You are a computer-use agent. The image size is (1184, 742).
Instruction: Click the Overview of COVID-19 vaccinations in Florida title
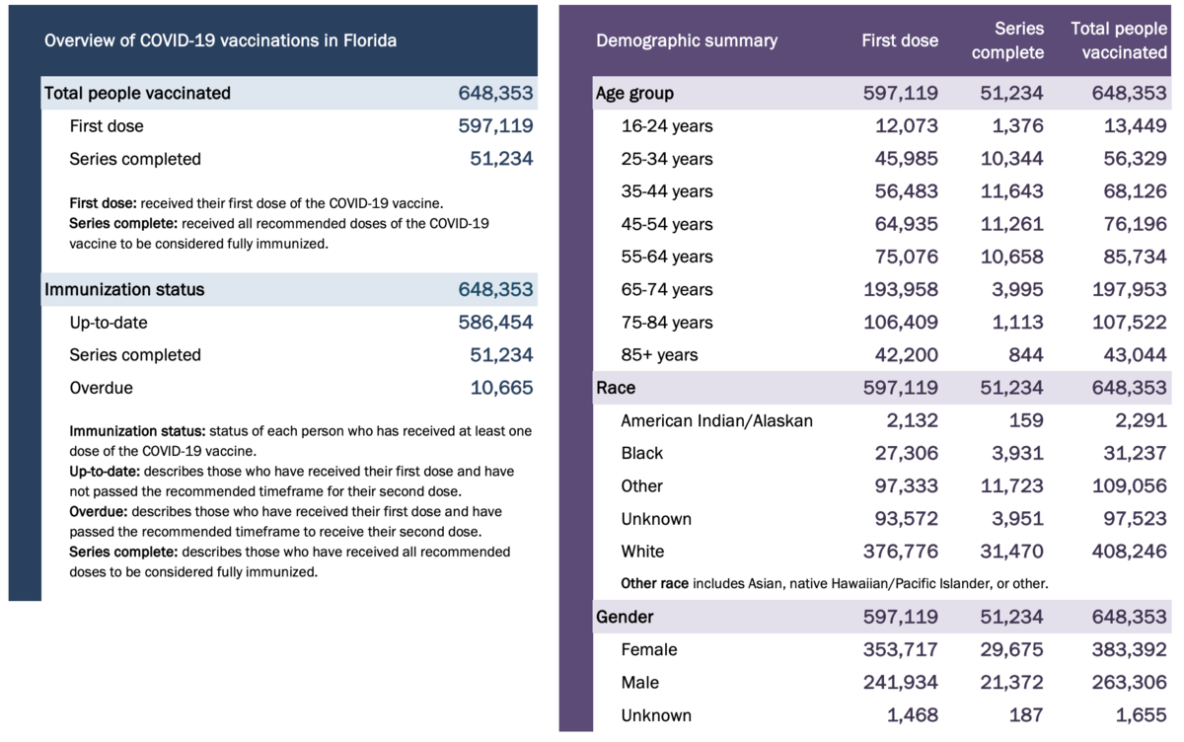coord(220,40)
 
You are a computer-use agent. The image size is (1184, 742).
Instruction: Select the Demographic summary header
coord(687,40)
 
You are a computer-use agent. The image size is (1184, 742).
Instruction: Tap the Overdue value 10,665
coord(501,388)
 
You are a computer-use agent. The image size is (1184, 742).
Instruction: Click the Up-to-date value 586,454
coord(495,323)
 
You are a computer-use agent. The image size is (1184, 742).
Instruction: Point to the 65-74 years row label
coord(667,290)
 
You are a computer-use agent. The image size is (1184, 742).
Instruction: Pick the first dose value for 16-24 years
coord(907,126)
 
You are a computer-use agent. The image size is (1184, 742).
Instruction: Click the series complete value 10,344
coord(1011,159)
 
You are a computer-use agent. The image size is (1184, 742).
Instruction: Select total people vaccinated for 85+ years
coord(1134,355)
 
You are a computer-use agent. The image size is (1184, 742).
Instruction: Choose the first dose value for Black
coord(907,454)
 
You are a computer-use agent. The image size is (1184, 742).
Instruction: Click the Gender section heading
coord(625,618)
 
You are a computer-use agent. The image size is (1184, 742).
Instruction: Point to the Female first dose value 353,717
coord(901,650)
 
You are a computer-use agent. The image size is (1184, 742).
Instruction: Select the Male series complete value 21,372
coord(1011,683)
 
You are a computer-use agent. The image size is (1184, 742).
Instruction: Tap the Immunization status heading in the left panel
coord(124,290)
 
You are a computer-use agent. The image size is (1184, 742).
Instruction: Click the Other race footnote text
coord(834,584)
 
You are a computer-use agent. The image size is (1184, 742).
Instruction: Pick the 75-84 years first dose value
coord(901,323)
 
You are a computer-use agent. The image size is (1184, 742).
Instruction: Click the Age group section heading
coord(635,94)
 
